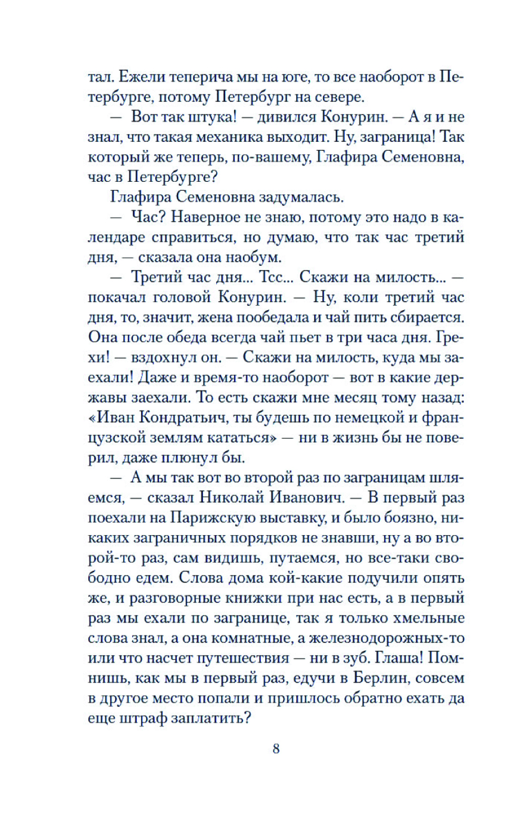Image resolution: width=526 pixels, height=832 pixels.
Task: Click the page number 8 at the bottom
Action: click(276, 748)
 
